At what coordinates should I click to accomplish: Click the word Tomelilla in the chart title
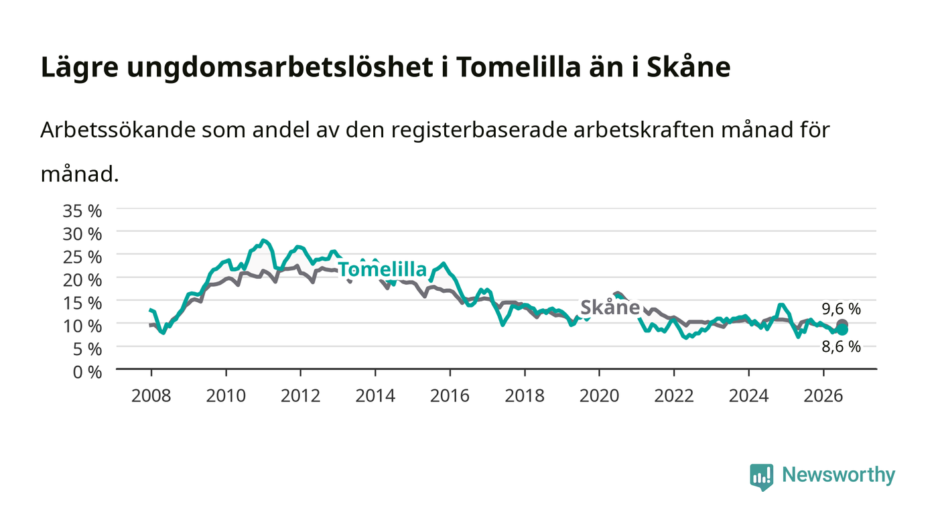pyautogui.click(x=519, y=67)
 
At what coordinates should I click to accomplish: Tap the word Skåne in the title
pyautogui.click(x=689, y=67)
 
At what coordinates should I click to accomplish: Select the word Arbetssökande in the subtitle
pyautogui.click(x=118, y=130)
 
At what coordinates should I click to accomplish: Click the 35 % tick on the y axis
pyautogui.click(x=82, y=211)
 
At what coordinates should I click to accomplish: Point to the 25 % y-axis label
pyautogui.click(x=82, y=257)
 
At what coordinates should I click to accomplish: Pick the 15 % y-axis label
pyautogui.click(x=82, y=304)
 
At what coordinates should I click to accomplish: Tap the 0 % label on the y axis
pyautogui.click(x=88, y=372)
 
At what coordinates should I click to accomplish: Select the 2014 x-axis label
pyautogui.click(x=375, y=396)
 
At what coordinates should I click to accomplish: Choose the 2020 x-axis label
pyautogui.click(x=599, y=396)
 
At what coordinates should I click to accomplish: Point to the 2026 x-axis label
pyautogui.click(x=823, y=396)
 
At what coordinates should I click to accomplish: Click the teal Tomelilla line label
pyautogui.click(x=383, y=269)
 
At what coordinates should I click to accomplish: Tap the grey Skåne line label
pyautogui.click(x=610, y=308)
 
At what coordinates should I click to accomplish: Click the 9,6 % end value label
pyautogui.click(x=842, y=309)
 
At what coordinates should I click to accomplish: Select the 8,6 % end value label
pyautogui.click(x=842, y=347)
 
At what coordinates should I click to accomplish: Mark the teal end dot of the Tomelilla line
pyautogui.click(x=842, y=330)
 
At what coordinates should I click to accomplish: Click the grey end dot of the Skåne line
pyautogui.click(x=842, y=324)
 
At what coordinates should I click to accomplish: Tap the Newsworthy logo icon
pyautogui.click(x=761, y=477)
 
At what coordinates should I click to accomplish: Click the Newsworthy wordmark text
pyautogui.click(x=839, y=475)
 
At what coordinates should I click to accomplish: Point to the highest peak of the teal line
pyautogui.click(x=263, y=241)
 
